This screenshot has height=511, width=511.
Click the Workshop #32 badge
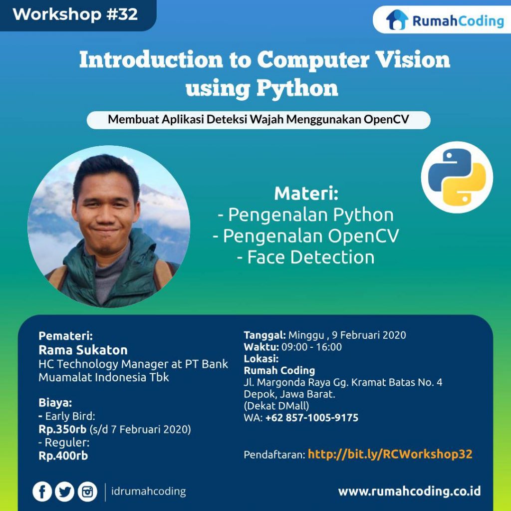coord(75,14)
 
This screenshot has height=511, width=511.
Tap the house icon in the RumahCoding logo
coord(397,20)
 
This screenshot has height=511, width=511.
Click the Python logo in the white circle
coord(457,177)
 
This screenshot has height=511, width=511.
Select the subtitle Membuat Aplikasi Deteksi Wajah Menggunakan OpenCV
coord(258,120)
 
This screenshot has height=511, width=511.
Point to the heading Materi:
coord(306,193)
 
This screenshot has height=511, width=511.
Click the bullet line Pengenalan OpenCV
coord(306,236)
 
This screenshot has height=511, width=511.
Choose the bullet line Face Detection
coord(306,257)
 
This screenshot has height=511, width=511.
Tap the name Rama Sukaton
coord(83,350)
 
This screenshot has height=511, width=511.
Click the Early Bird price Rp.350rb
coord(62,429)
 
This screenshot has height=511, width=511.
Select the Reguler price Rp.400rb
coord(63,456)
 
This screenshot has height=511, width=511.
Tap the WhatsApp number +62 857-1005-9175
coord(312,418)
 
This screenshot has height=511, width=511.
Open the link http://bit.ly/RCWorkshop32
coord(390,454)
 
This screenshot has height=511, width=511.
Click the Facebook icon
coord(42,492)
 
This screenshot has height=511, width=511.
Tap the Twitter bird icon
coord(65,492)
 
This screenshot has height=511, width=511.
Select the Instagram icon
coord(88,492)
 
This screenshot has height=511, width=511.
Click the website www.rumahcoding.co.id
coord(409,492)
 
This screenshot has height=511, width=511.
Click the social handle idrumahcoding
coord(148,492)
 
